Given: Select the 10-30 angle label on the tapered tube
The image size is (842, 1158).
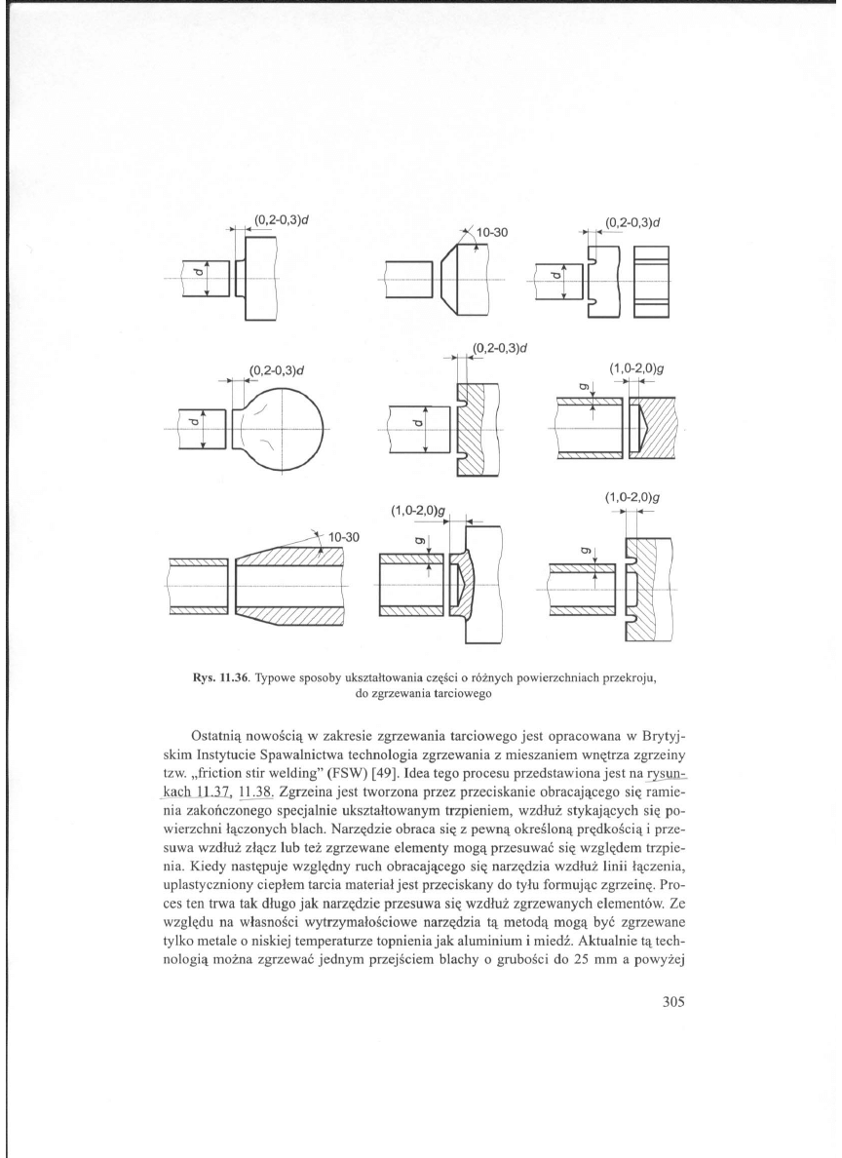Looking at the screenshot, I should click(x=343, y=537).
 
